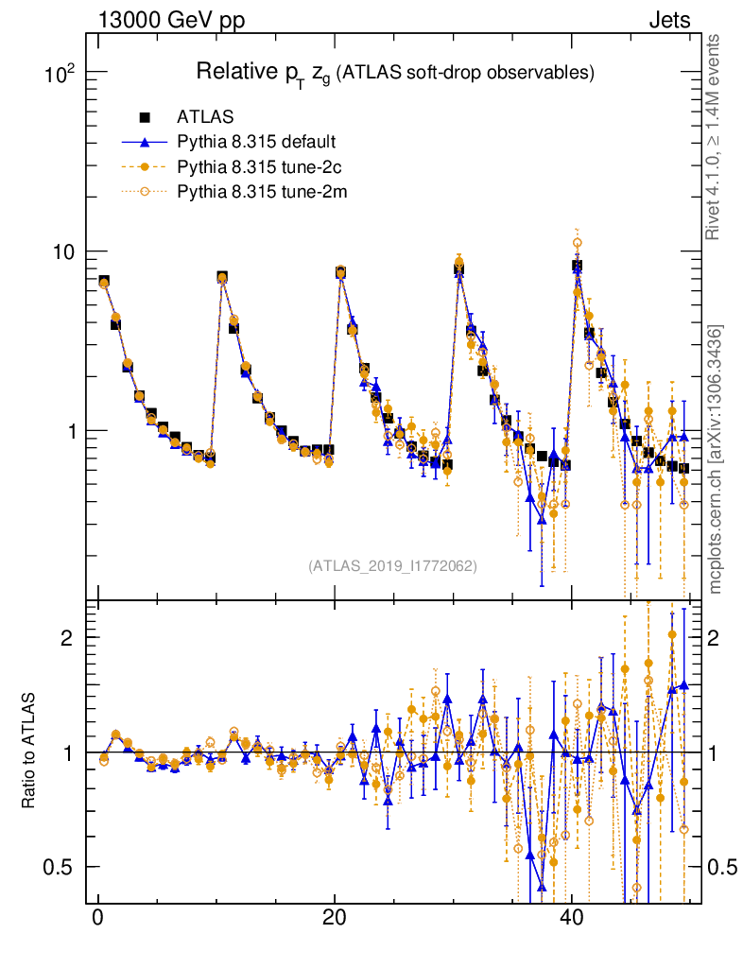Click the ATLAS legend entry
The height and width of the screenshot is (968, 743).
point(199,118)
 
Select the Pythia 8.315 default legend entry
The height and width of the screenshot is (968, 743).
point(256,143)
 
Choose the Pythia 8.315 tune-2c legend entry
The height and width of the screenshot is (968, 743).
point(256,167)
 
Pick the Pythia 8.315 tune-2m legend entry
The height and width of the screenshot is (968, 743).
point(256,192)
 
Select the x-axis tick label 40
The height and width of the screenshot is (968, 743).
point(569,919)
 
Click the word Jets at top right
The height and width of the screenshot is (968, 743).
point(669,20)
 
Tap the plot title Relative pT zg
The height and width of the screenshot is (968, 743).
point(394,72)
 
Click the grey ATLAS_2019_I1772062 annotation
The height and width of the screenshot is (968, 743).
point(392,566)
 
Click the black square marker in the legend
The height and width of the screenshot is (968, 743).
point(145,118)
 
